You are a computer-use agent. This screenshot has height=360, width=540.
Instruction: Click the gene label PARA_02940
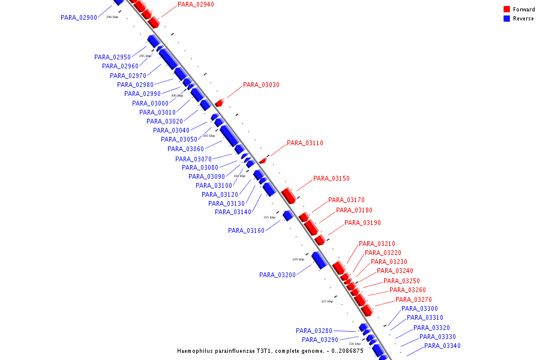pyautogui.click(x=196, y=5)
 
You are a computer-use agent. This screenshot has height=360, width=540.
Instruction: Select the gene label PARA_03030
pyautogui.click(x=261, y=85)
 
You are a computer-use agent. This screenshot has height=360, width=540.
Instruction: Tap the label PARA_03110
pyautogui.click(x=305, y=143)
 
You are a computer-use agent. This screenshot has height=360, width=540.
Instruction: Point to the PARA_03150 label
pyautogui.click(x=331, y=179)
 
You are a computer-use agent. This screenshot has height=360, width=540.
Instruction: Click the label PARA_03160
pyautogui.click(x=246, y=230)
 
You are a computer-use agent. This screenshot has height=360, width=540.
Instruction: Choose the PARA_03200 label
pyautogui.click(x=277, y=275)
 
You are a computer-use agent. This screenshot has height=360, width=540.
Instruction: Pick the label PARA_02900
pyautogui.click(x=79, y=18)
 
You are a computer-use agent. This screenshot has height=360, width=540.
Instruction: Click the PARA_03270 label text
pyautogui.click(x=413, y=300)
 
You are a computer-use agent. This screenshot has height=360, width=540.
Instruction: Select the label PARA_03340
pyautogui.click(x=442, y=346)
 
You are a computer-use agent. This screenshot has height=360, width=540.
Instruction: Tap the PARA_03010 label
pyautogui.click(x=157, y=112)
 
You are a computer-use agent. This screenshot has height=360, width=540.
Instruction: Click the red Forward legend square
pyautogui.click(x=506, y=10)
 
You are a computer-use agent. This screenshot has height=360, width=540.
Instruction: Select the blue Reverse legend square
pyautogui.click(x=506, y=19)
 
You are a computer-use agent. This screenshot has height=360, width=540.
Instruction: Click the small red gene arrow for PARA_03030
pyautogui.click(x=219, y=103)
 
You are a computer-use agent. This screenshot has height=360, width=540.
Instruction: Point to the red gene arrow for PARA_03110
pyautogui.click(x=263, y=160)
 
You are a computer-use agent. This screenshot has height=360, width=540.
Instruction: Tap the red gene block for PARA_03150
pyautogui.click(x=288, y=195)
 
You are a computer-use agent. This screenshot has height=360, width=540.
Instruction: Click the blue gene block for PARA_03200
pyautogui.click(x=319, y=260)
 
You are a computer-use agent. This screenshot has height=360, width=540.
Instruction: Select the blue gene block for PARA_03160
pyautogui.click(x=287, y=215)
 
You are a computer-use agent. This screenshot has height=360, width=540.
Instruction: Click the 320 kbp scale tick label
pyautogui.click(x=298, y=259)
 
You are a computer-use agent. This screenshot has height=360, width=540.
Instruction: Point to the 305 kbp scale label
pyautogui.click(x=208, y=136)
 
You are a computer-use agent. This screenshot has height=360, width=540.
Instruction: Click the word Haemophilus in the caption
pyautogui.click(x=196, y=351)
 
